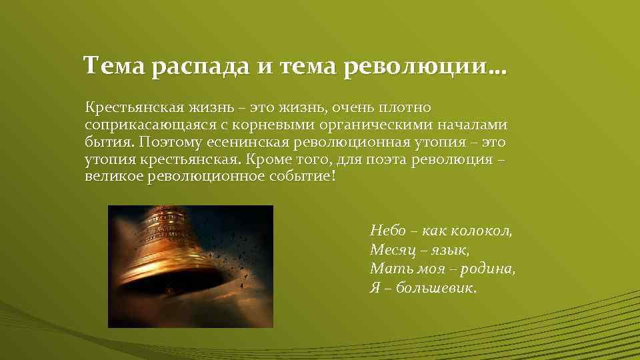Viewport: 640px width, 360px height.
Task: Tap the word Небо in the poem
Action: [384, 231]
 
